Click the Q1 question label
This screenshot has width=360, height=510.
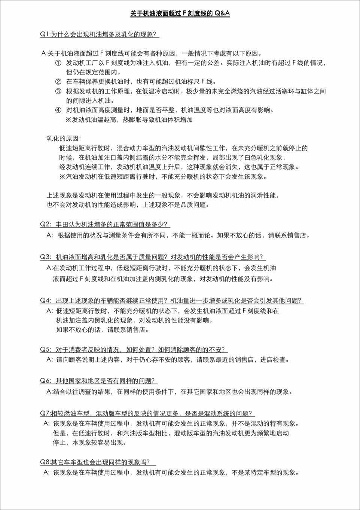click(x=45, y=34)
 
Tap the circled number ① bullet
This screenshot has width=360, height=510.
click(x=58, y=63)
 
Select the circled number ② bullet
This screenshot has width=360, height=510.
click(x=58, y=82)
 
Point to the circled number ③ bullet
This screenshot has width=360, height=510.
click(x=58, y=91)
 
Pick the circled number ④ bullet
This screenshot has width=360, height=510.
click(x=58, y=110)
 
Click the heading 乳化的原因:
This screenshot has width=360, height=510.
click(x=64, y=139)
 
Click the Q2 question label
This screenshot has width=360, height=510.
click(x=45, y=224)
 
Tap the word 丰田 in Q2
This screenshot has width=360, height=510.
click(x=62, y=224)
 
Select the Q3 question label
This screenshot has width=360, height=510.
click(x=45, y=257)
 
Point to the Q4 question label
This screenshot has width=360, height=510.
click(x=45, y=301)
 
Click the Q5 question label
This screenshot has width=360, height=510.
click(x=45, y=349)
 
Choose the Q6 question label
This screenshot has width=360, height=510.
click(x=45, y=381)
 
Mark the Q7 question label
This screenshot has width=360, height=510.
click(x=45, y=413)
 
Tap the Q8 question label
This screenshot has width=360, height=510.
click(x=45, y=462)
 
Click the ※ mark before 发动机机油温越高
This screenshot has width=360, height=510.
click(x=68, y=120)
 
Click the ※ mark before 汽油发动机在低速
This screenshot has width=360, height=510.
click(x=62, y=176)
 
